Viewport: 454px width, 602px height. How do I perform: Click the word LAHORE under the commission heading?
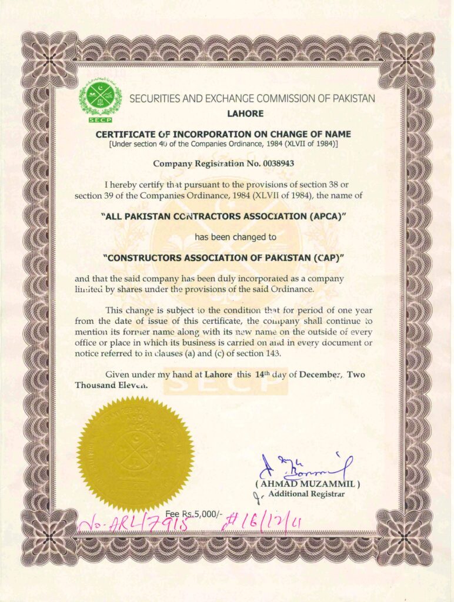point(245,113)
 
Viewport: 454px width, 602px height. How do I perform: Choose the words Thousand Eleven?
point(111,386)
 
